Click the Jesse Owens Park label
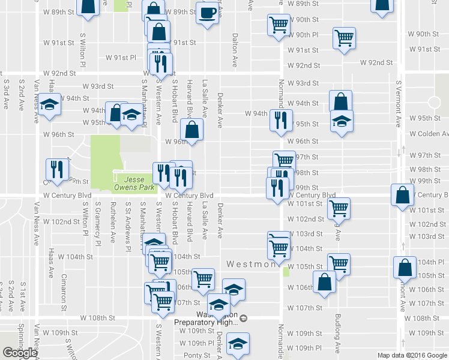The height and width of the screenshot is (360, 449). [139, 183]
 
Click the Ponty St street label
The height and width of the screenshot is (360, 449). [196, 355]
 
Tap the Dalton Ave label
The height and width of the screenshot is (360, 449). [235, 50]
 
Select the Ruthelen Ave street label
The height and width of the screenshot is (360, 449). [112, 221]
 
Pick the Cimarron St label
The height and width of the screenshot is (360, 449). [64, 289]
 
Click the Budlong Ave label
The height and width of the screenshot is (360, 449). [338, 333]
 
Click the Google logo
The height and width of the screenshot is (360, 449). [20, 353]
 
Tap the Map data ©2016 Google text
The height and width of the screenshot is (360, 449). [412, 355]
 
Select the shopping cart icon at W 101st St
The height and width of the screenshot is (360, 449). [339, 208]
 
